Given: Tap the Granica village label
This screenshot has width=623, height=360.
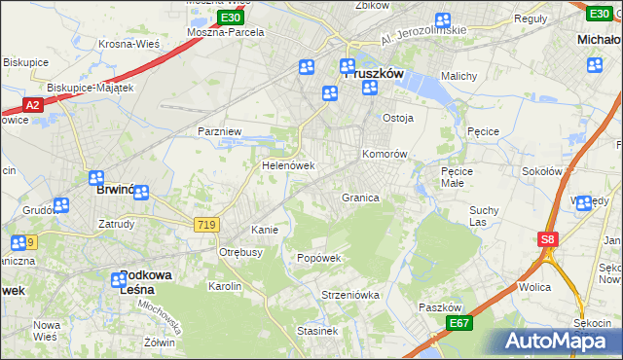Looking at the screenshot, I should (x=359, y=198).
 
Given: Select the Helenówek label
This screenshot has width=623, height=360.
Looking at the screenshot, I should (x=287, y=165).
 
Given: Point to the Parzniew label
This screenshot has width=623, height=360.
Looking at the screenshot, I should (x=219, y=130).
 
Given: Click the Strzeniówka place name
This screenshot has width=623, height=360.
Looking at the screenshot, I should (x=349, y=294).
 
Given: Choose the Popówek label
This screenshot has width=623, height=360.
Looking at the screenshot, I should (x=318, y=258).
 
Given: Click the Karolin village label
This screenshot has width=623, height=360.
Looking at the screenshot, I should (x=224, y=286).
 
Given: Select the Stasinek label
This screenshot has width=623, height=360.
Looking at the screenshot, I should (x=317, y=331).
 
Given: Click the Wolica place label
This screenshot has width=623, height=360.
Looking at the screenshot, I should (x=534, y=287).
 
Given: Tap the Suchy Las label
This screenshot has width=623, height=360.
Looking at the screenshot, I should (x=484, y=216).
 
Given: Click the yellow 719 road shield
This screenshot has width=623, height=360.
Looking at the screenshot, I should (x=206, y=225).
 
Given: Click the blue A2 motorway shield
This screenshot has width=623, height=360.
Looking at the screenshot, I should (x=32, y=104).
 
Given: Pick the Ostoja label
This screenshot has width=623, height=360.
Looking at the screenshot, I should (x=398, y=118).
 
